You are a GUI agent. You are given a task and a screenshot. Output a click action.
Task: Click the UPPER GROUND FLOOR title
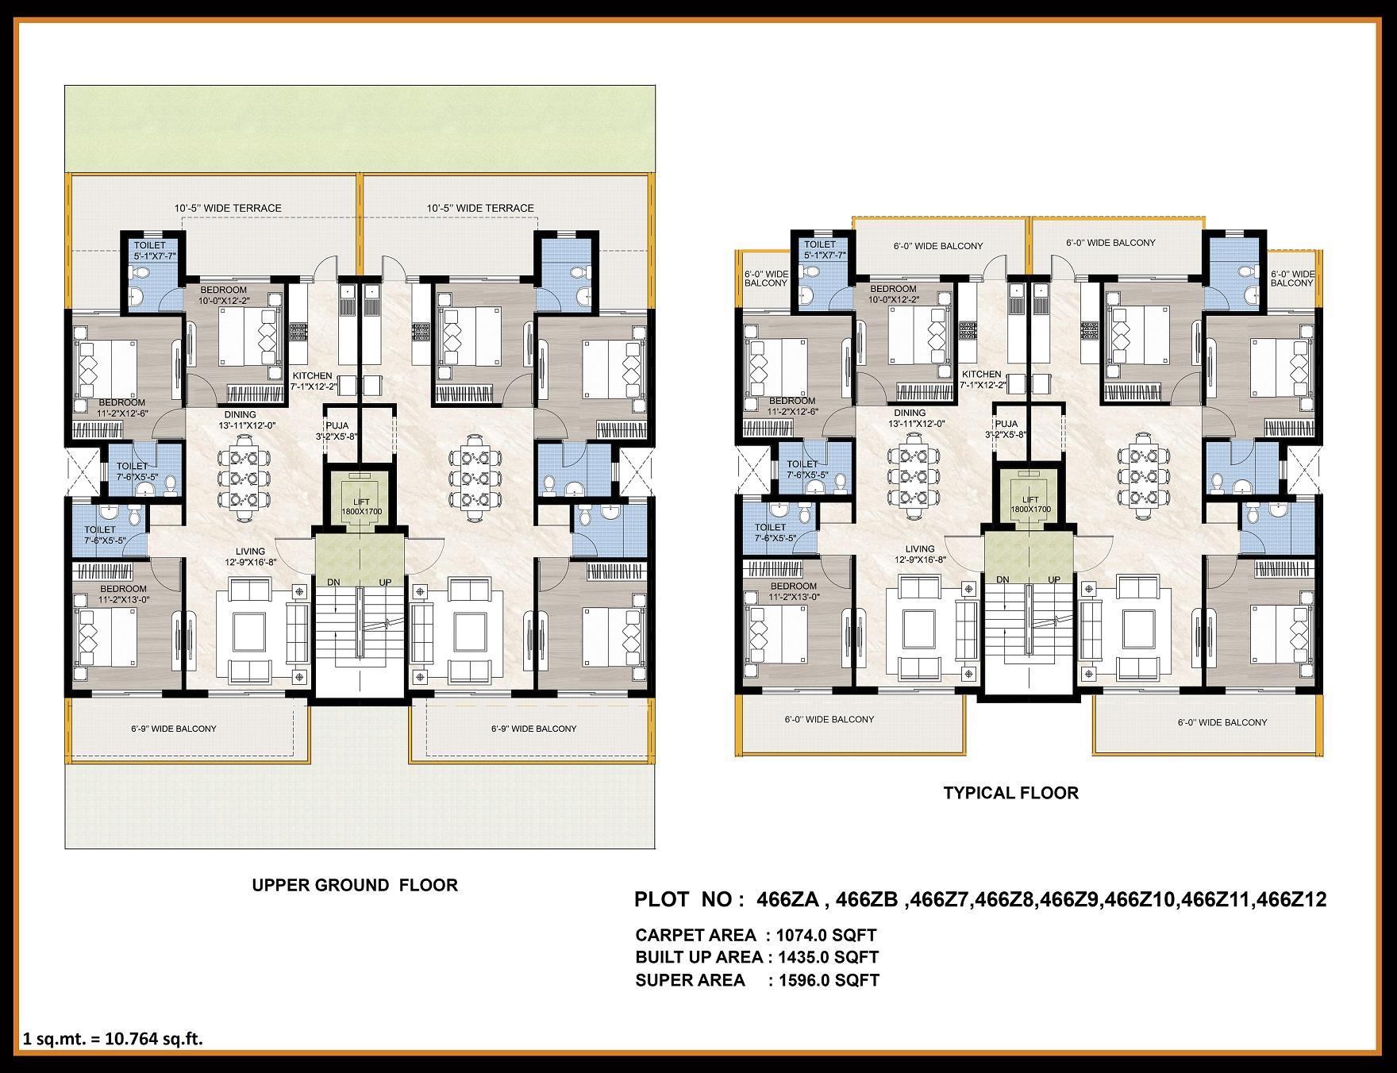355,885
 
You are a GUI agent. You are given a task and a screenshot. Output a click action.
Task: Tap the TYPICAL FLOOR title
1010,793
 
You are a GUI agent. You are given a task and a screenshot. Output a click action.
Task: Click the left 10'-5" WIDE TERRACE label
228,208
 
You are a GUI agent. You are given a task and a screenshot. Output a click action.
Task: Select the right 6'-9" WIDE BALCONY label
533,729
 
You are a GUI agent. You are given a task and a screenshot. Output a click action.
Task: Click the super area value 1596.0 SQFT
829,980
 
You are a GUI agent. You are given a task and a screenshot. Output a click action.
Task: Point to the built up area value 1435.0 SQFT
829,958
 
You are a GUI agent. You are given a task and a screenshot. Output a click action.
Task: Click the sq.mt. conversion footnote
114,1039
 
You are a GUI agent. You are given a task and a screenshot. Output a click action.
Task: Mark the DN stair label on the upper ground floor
334,583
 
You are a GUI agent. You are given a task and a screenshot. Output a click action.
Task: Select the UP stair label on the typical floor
1054,579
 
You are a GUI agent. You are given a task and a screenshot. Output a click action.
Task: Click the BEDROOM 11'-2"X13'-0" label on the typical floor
793,569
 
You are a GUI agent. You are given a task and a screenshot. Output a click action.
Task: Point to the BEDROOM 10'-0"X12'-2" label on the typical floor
893,294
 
